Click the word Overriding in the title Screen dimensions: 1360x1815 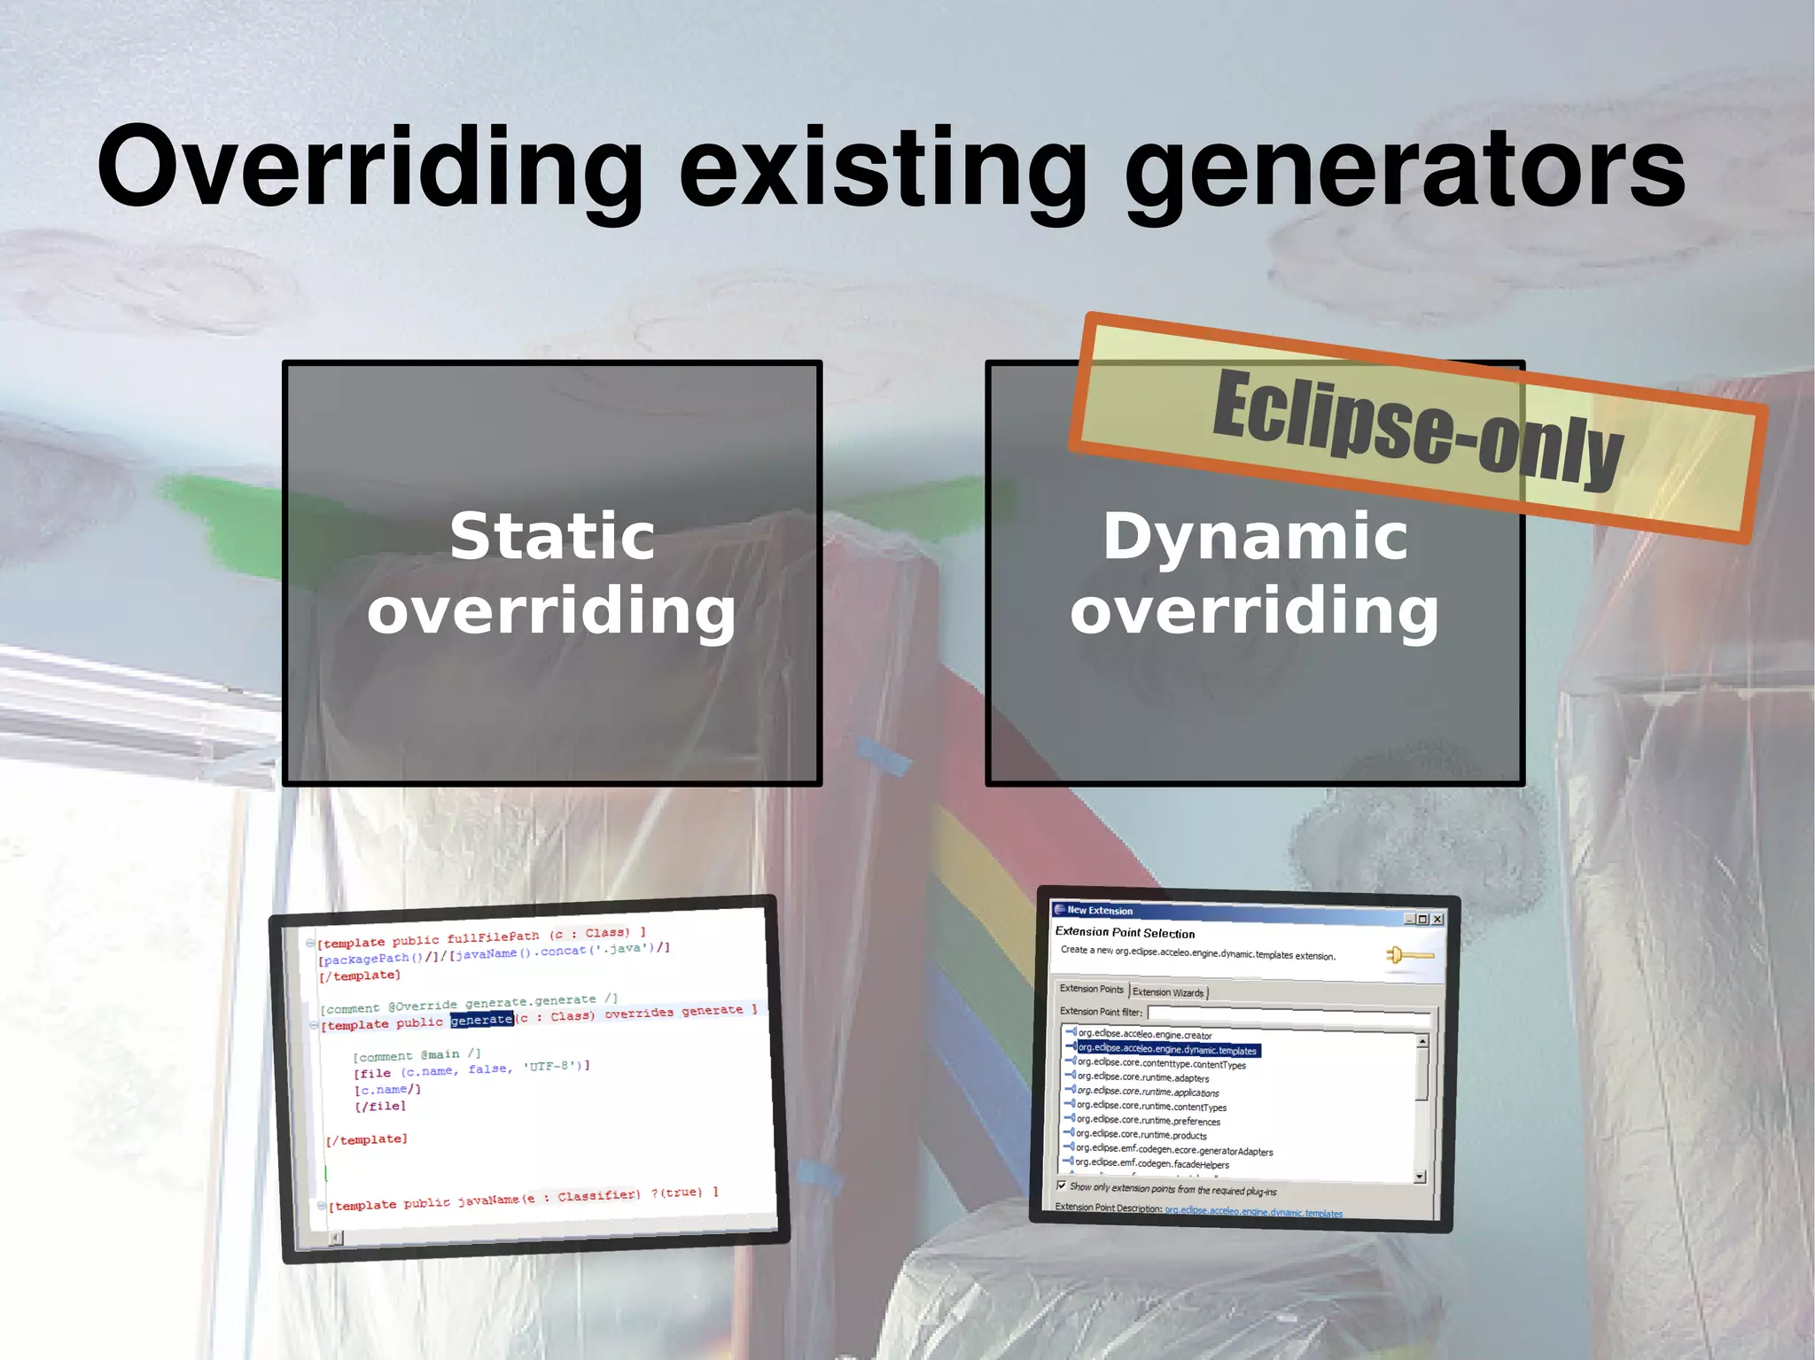tap(370, 168)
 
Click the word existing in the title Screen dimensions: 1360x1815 tap(882, 168)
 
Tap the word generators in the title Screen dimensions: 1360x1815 tap(1405, 168)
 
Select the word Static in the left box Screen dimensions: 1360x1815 tap(552, 536)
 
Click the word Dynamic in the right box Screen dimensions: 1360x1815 tap(1255, 536)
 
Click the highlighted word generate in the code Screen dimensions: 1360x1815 tap(481, 1020)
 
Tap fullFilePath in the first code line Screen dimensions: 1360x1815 tap(493, 937)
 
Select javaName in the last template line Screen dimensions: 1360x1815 tap(487, 1201)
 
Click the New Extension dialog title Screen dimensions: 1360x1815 tap(1100, 910)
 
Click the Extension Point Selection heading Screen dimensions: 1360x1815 tap(1125, 932)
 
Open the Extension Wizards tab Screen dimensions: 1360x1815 tap(1168, 992)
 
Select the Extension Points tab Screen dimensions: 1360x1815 tap(1091, 989)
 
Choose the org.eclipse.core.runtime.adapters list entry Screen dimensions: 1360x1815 tap(1143, 1077)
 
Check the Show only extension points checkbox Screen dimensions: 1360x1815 tap(1062, 1185)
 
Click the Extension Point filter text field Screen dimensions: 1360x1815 tap(1285, 1014)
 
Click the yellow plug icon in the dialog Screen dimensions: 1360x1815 tap(1408, 955)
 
